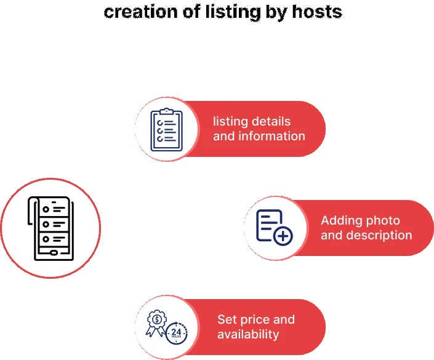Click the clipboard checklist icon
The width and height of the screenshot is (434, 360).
[166, 129]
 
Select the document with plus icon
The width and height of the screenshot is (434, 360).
[275, 227]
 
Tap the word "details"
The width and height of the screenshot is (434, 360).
[271, 121]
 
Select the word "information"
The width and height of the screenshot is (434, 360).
[271, 136]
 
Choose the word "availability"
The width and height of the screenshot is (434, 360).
[248, 334]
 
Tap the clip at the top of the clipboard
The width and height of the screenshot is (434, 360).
[166, 111]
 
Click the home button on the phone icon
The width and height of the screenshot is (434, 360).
[54, 252]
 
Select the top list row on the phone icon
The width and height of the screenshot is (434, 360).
[53, 209]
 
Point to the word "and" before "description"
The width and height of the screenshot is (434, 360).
[331, 235]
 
